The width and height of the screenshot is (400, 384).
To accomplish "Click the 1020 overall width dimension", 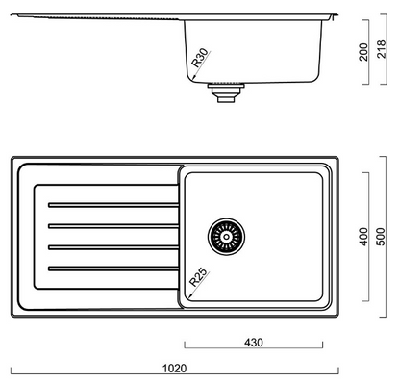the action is (175, 368).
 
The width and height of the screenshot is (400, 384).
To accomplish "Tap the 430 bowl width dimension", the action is (254, 343).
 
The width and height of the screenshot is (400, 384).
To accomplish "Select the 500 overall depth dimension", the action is (381, 237).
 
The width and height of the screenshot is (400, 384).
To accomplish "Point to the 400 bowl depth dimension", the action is (363, 237).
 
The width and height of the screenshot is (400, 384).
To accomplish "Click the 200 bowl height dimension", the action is (363, 52).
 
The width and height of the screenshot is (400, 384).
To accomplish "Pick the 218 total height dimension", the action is (382, 49).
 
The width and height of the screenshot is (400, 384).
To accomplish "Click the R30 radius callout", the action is (199, 58).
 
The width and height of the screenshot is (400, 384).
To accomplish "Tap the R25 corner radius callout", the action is (198, 277).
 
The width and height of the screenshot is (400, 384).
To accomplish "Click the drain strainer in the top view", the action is (226, 237).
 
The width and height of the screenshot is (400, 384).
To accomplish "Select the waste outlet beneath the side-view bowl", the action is (226, 92).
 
